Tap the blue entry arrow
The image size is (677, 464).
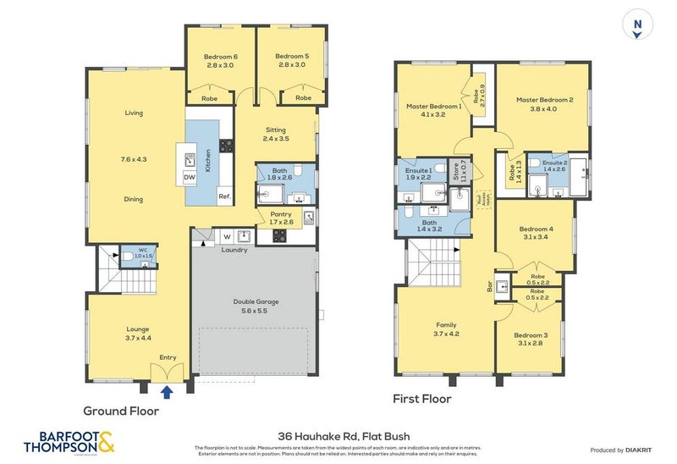point(167,390)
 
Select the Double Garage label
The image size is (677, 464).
point(256,306)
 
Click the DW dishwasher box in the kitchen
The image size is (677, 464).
point(189,177)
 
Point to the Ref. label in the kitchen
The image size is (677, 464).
point(224,197)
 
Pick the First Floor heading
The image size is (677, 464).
point(422,398)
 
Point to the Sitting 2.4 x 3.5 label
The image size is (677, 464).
point(276,133)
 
